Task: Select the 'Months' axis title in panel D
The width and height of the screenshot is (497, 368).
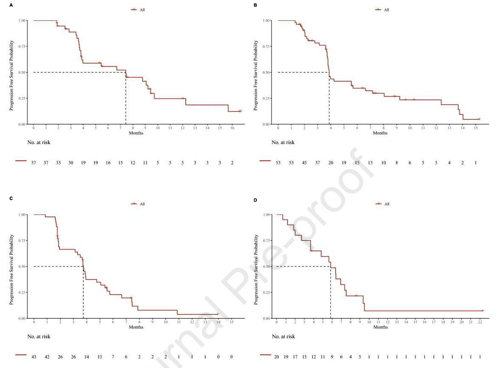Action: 380,327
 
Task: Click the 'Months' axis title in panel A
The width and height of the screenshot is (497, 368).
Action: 136,133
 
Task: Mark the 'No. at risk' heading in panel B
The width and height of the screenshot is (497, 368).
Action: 283,142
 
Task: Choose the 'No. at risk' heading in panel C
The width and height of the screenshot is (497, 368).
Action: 39,336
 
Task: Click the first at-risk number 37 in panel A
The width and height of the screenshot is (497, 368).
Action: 34,163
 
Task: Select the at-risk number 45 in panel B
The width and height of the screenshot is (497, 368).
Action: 304,163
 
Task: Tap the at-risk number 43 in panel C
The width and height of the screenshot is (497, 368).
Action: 34,357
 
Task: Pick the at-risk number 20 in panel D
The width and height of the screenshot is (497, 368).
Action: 276,357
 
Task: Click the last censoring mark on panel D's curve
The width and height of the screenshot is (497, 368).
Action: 483,310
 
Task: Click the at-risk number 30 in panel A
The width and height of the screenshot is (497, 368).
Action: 71,163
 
